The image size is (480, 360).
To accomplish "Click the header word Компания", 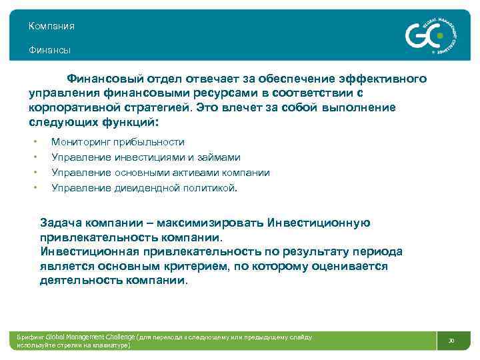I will [51, 26].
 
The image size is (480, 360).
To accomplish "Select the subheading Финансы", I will [49, 50].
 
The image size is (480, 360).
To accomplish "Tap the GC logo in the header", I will [427, 34].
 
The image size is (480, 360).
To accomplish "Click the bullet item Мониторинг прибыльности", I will [118, 142].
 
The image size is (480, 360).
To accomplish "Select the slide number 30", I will [451, 341].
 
